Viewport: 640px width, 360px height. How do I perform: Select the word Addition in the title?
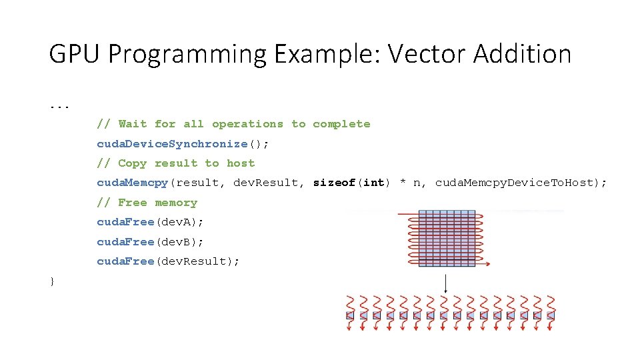[x=523, y=54]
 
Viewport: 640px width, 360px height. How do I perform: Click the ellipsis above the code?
[x=59, y=106]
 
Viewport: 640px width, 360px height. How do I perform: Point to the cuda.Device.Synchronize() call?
[x=183, y=143]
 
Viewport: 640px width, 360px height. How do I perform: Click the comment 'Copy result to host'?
[x=176, y=163]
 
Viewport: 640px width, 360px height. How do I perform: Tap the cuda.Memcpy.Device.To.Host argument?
[x=521, y=183]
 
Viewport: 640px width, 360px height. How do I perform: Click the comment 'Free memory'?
[x=147, y=203]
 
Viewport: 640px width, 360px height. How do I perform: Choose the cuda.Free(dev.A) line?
[x=151, y=222]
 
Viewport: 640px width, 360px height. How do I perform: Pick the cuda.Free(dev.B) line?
[x=151, y=241]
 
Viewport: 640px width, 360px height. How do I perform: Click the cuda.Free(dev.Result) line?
[x=168, y=261]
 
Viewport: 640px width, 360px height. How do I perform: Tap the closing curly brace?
[x=52, y=281]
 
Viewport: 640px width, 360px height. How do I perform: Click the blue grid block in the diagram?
[x=447, y=239]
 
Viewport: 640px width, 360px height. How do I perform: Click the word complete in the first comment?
[x=341, y=124]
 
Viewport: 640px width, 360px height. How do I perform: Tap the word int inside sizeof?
[x=374, y=183]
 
